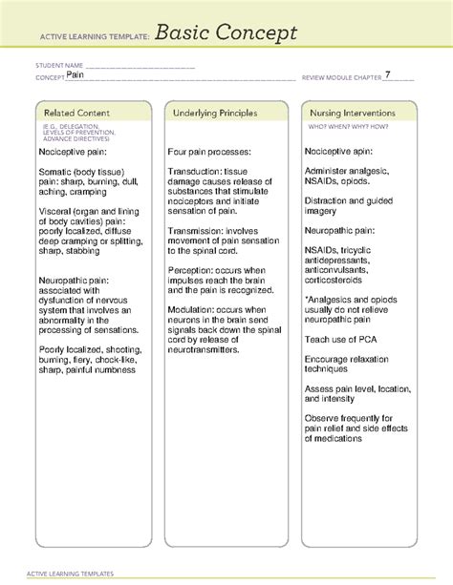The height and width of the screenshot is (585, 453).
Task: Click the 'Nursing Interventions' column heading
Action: coord(356,113)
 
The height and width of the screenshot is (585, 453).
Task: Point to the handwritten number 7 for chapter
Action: coord(387,73)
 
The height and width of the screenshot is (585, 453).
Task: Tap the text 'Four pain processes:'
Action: coord(209,151)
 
